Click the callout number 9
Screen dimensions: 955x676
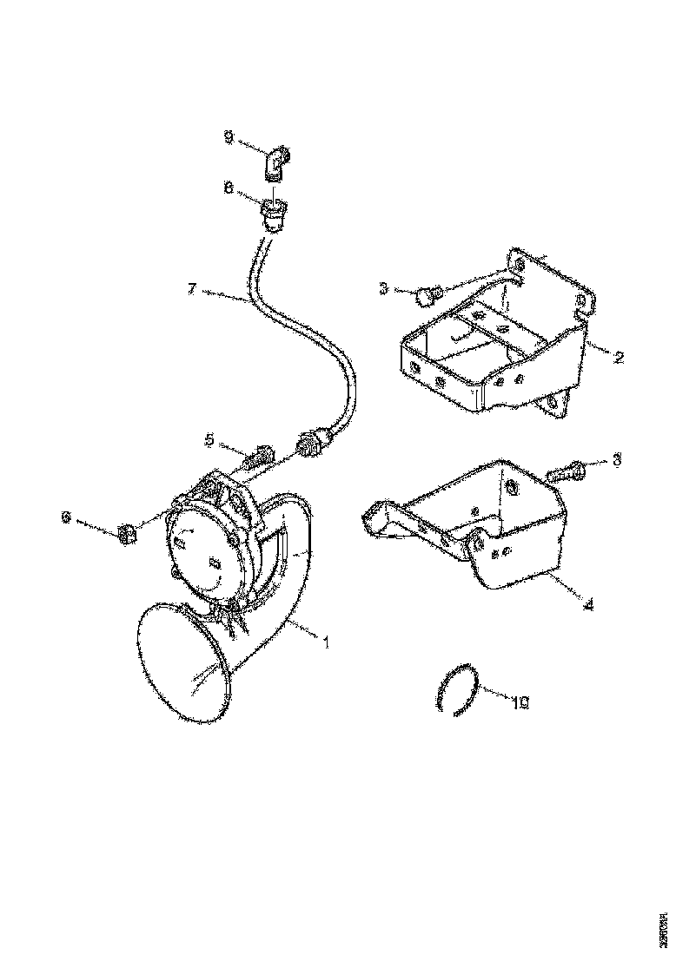coord(229,138)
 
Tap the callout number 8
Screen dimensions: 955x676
coord(229,187)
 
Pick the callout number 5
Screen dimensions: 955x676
coord(209,440)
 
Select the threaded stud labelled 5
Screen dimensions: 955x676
coord(261,456)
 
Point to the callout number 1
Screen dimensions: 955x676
coord(326,643)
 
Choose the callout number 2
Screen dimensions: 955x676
coord(618,357)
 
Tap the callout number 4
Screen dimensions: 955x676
coord(589,604)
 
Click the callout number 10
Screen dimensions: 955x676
coord(520,703)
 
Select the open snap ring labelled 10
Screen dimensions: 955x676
coord(456,692)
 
